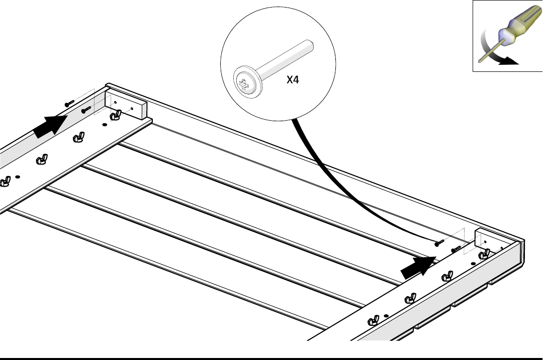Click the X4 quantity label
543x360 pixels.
(x=293, y=79)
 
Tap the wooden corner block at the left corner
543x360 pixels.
(x=126, y=105)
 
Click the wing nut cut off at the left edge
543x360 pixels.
(x=5, y=182)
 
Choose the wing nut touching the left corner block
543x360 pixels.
(x=116, y=115)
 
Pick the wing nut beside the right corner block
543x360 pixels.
(x=484, y=254)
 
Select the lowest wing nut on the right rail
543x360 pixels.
(x=373, y=321)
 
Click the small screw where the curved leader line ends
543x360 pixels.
(x=439, y=243)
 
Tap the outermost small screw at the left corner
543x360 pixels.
(x=69, y=103)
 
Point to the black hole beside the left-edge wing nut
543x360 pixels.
(x=18, y=177)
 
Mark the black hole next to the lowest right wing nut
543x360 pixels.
(x=386, y=316)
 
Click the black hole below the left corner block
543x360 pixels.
(x=105, y=125)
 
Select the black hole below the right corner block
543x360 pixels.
(x=473, y=264)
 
